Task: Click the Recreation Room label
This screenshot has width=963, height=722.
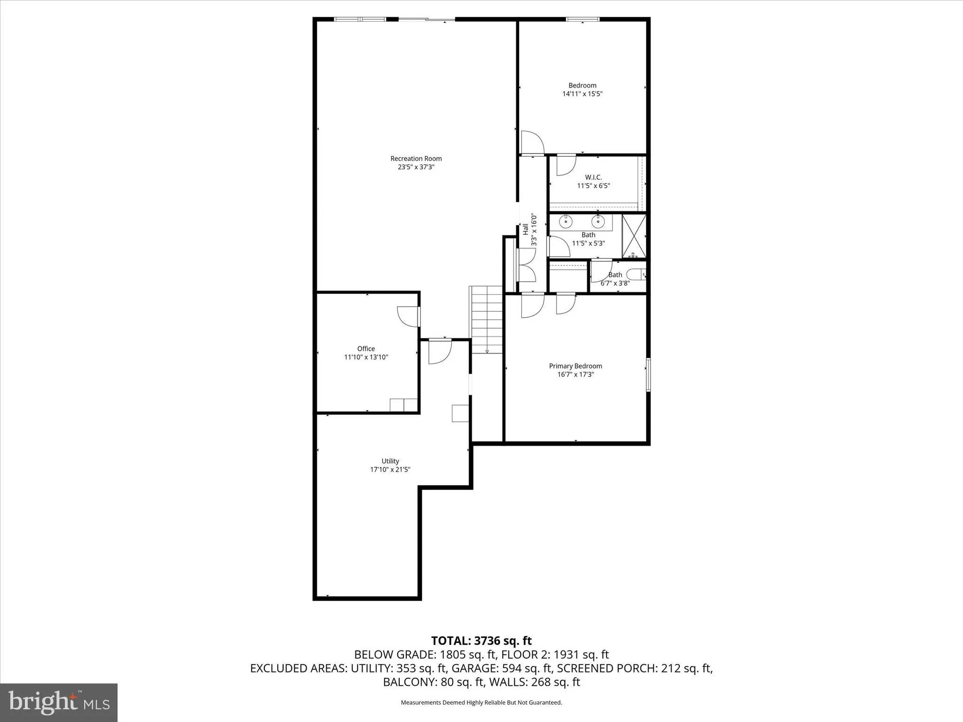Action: (416, 158)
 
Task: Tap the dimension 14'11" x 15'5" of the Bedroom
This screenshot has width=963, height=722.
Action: (582, 94)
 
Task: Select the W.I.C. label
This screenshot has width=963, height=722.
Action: (593, 177)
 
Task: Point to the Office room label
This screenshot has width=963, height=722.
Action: (366, 348)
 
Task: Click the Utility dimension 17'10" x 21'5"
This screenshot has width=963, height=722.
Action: (390, 469)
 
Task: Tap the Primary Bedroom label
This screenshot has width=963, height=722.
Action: (575, 366)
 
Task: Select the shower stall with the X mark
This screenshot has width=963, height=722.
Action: (634, 235)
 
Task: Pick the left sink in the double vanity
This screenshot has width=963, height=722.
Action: (566, 222)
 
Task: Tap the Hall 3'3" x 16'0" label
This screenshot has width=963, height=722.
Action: (530, 230)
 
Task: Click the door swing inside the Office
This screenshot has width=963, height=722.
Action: (408, 316)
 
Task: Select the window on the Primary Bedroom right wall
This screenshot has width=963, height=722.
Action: (648, 374)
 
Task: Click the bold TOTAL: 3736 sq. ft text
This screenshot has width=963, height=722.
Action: (481, 641)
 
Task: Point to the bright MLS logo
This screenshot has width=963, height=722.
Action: (59, 702)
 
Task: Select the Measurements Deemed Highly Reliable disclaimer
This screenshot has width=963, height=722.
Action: (481, 702)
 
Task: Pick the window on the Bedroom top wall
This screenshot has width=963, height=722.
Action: (582, 19)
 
